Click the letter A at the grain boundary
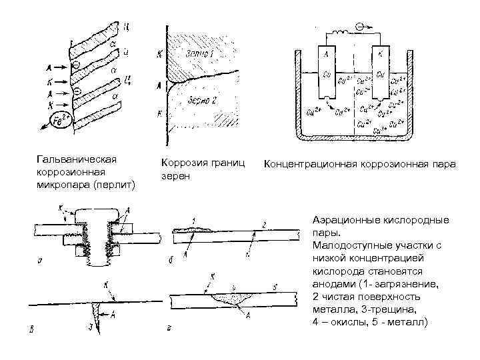click(158, 85)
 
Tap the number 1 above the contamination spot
click(193, 221)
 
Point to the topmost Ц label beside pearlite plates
click(126, 27)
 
